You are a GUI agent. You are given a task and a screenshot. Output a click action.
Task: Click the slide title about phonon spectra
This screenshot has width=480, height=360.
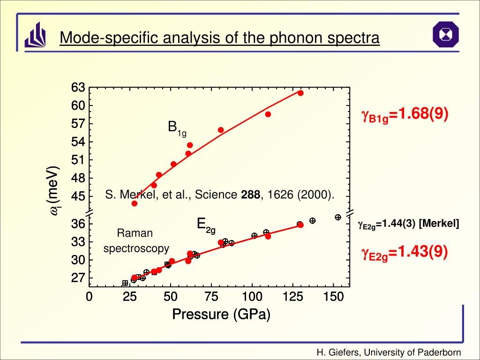(219, 37)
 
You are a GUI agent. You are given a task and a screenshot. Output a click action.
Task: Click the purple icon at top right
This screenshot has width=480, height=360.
(445, 34)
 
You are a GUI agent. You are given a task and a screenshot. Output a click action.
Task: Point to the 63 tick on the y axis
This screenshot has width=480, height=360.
(78, 88)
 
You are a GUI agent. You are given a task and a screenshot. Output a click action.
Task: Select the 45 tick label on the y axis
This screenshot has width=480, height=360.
(78, 196)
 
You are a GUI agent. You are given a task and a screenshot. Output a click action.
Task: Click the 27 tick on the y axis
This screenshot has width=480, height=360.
(78, 278)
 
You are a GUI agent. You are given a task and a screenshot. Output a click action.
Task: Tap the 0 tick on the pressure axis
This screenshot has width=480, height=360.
(89, 297)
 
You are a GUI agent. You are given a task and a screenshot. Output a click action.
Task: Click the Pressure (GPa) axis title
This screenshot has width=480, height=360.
(221, 315)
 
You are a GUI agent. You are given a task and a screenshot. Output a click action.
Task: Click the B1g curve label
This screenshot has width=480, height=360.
(177, 128)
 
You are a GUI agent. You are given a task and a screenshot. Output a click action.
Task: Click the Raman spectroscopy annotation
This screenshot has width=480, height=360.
(136, 240)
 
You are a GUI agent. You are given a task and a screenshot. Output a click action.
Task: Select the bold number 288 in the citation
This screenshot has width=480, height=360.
(250, 195)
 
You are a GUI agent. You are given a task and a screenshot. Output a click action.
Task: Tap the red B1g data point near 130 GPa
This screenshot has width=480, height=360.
(300, 93)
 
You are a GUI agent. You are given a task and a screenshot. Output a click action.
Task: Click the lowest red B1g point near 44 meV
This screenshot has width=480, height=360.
(135, 203)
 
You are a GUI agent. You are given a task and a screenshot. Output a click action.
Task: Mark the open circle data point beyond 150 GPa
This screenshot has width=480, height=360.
(337, 217)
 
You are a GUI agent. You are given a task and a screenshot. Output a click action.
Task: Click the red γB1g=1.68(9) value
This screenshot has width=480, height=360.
(405, 115)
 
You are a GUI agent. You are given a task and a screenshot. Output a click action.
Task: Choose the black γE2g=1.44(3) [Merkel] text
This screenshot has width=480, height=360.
(408, 224)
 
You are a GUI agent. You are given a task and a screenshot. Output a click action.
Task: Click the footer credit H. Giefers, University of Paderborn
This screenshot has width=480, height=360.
(389, 352)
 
